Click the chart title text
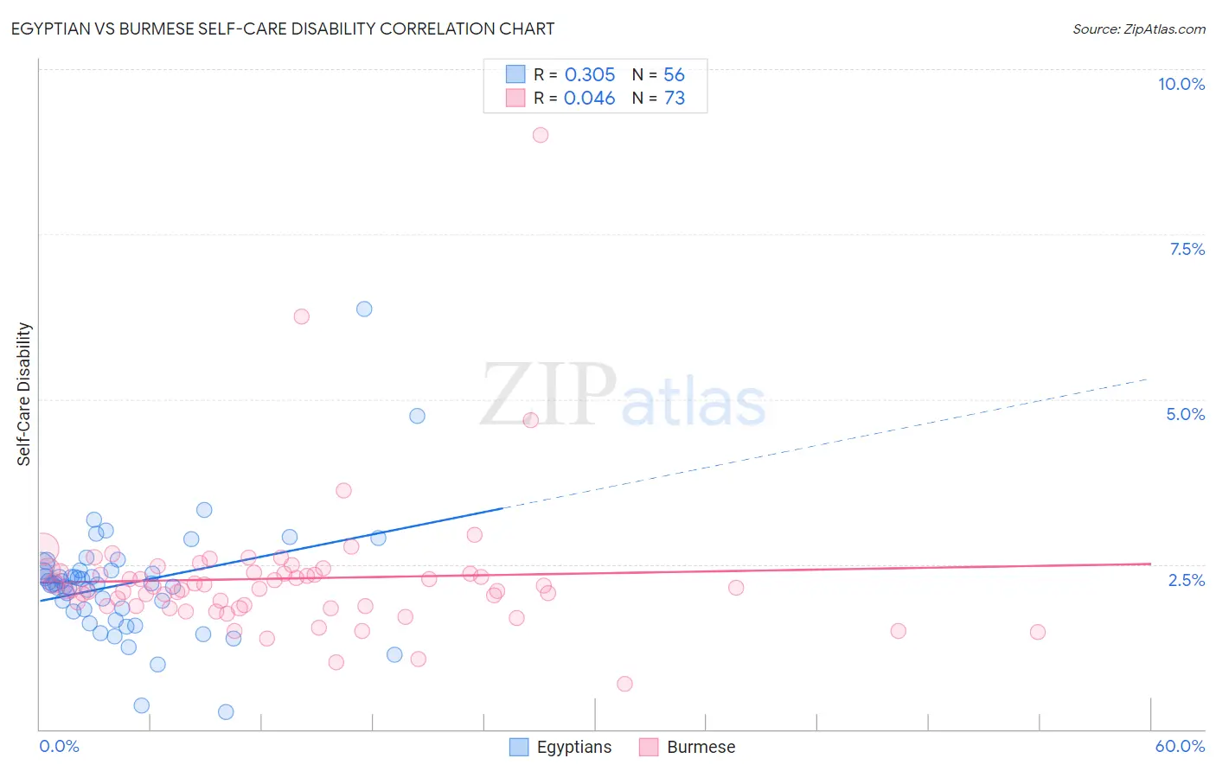point(284,29)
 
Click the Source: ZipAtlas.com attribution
point(1138,29)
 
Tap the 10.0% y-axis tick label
point(1181,84)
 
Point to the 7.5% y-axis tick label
point(1187,249)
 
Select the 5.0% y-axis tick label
point(1185,414)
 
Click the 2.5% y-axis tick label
point(1186,580)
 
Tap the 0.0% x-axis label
point(59,746)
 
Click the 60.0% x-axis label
point(1179,746)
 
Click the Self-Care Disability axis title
point(24,394)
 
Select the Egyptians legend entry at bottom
point(573,747)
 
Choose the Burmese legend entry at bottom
point(701,747)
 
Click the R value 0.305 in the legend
point(590,75)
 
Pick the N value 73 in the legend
point(675,99)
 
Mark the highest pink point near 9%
point(541,135)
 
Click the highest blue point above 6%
point(364,309)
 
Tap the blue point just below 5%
point(417,416)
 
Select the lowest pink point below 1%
point(624,684)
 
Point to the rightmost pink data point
point(1038,632)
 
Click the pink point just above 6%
point(301,316)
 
